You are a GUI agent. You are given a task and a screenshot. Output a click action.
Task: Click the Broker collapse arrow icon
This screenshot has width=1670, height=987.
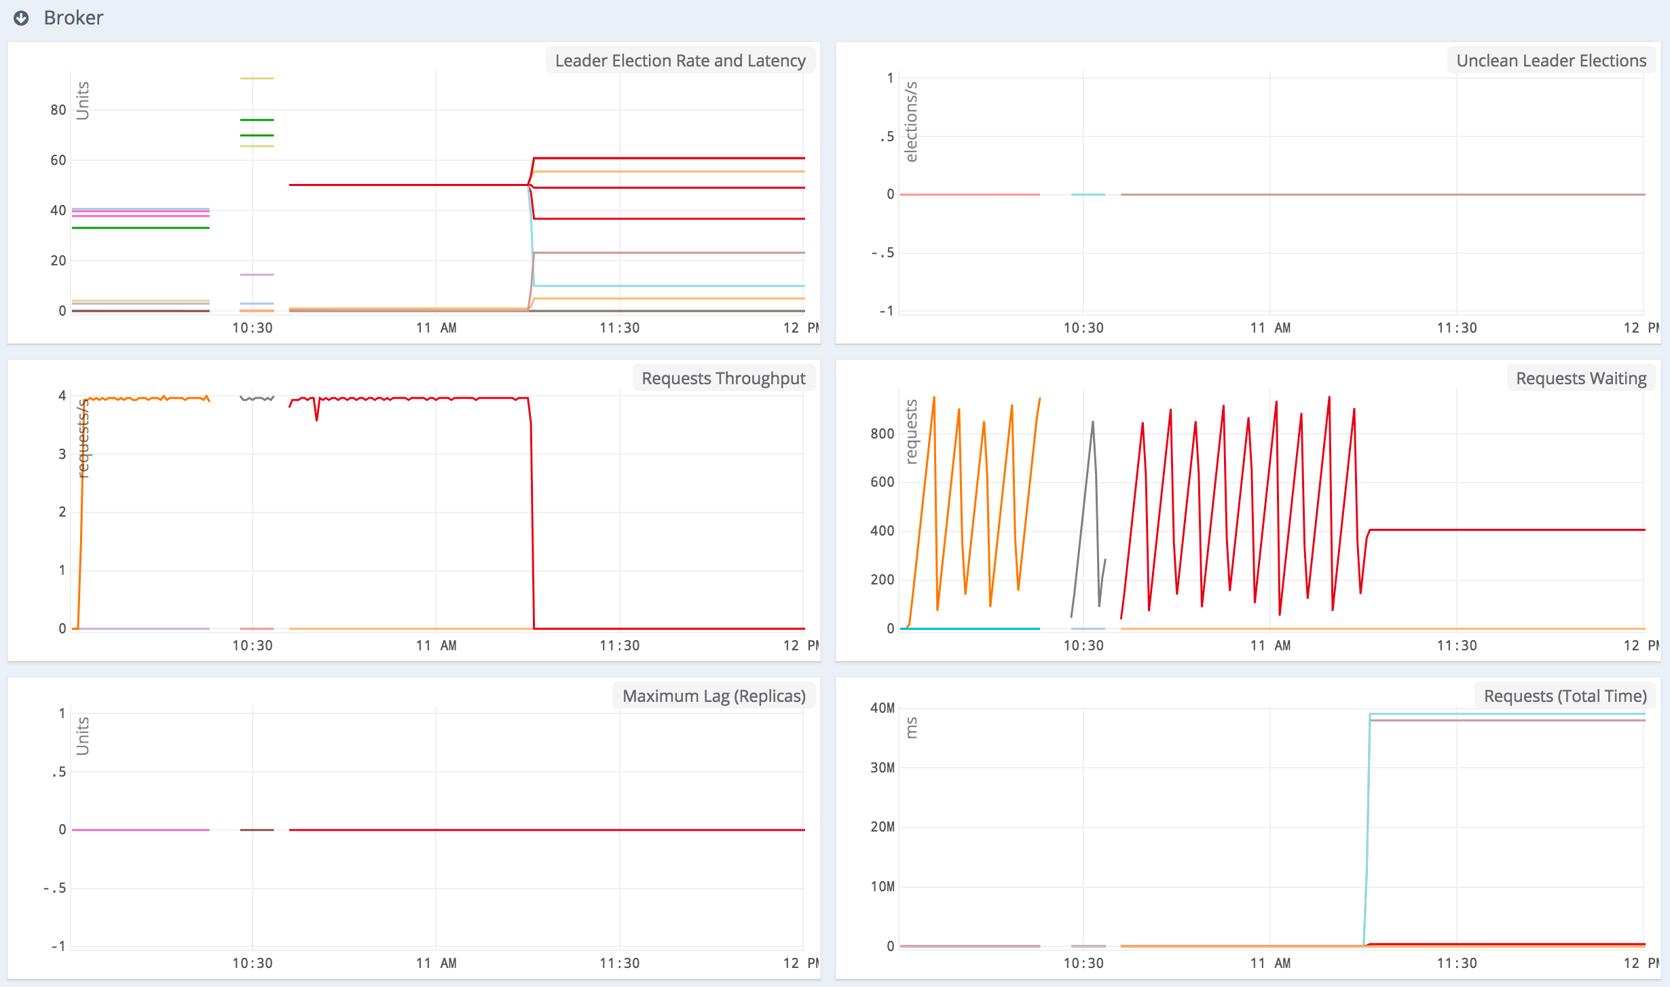pyautogui.click(x=21, y=18)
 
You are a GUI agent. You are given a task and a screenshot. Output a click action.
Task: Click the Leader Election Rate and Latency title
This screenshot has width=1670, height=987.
pyautogui.click(x=680, y=60)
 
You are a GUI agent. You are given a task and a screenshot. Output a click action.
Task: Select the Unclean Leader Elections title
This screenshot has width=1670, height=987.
pyautogui.click(x=1551, y=60)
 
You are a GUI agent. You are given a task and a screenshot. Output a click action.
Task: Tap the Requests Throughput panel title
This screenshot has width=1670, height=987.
pyautogui.click(x=723, y=378)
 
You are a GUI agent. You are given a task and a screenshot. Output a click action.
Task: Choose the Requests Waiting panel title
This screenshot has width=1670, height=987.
pyautogui.click(x=1580, y=378)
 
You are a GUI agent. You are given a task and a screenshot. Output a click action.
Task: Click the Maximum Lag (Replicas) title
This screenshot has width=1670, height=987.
pyautogui.click(x=713, y=696)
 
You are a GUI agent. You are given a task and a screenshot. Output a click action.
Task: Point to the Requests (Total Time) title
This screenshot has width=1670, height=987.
pyautogui.click(x=1565, y=696)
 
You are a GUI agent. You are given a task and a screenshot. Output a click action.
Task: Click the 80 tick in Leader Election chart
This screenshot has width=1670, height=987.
pyautogui.click(x=58, y=110)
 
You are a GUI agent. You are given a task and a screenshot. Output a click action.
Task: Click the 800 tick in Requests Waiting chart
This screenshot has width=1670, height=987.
pyautogui.click(x=882, y=434)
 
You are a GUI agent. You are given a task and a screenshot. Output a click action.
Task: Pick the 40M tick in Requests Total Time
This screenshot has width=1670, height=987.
pyautogui.click(x=882, y=708)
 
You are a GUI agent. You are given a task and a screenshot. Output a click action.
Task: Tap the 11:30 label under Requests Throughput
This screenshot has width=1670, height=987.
pyautogui.click(x=619, y=646)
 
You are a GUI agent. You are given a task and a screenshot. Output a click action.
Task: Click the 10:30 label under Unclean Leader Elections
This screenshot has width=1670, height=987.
pyautogui.click(x=1083, y=328)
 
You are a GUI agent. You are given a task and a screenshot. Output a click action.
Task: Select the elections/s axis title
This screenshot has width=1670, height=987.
pyautogui.click(x=911, y=122)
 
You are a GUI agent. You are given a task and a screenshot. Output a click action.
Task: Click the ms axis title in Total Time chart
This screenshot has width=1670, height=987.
pyautogui.click(x=911, y=728)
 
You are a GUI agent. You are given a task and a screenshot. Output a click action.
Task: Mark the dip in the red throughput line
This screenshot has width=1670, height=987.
pyautogui.click(x=316, y=415)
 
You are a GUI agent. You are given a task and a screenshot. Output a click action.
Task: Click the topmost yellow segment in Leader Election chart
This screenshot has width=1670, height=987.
pyautogui.click(x=257, y=79)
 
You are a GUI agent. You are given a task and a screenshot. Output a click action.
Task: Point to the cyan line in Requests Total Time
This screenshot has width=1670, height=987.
pyautogui.click(x=1493, y=714)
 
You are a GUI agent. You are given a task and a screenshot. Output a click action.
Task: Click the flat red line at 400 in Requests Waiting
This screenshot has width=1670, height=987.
pyautogui.click(x=1493, y=529)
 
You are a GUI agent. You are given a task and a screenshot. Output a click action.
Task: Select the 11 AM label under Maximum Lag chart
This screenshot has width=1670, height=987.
pyautogui.click(x=436, y=963)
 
